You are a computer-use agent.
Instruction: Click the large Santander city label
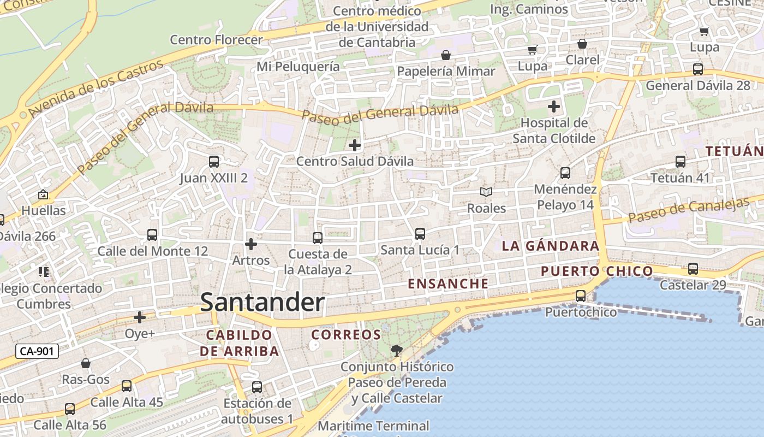pyautogui.click(x=262, y=303)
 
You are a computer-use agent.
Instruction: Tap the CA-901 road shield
pyautogui.click(x=37, y=351)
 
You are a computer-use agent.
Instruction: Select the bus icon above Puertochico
pyautogui.click(x=581, y=296)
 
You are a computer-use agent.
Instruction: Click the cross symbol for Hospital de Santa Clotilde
pyautogui.click(x=554, y=106)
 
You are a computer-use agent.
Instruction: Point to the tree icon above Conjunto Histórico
pyautogui.click(x=397, y=350)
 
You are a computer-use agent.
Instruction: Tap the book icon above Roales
pyautogui.click(x=486, y=192)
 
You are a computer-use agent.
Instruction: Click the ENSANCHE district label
pyautogui.click(x=448, y=284)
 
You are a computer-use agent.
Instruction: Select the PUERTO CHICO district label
pyautogui.click(x=596, y=271)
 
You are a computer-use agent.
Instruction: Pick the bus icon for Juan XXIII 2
pyautogui.click(x=214, y=162)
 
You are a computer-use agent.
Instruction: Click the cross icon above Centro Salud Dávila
pyautogui.click(x=355, y=145)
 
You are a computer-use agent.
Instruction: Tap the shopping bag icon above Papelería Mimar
pyautogui.click(x=446, y=55)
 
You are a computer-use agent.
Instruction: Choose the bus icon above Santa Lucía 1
pyautogui.click(x=420, y=234)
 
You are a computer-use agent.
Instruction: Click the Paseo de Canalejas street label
pyautogui.click(x=689, y=209)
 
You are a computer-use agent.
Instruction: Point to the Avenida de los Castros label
pyautogui.click(x=96, y=88)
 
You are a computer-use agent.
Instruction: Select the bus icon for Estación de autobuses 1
pyautogui.click(x=257, y=387)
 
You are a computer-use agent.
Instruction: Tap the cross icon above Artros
pyautogui.click(x=251, y=244)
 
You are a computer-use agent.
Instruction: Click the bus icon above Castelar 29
pyautogui.click(x=693, y=269)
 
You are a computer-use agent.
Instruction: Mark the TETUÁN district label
pyautogui.click(x=734, y=151)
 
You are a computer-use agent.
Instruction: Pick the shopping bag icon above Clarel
pyautogui.click(x=582, y=44)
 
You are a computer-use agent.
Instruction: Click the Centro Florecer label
pyautogui.click(x=216, y=40)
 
